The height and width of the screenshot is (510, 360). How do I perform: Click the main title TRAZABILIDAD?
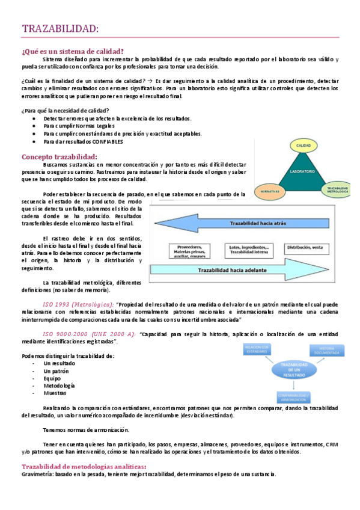point(61,29)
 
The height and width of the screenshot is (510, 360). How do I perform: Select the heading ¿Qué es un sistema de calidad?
point(73,51)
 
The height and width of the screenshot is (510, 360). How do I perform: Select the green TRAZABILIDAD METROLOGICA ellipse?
point(337,190)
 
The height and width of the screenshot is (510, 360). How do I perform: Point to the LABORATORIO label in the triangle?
point(302,172)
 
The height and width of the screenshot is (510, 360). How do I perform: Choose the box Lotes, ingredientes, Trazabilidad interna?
point(248,250)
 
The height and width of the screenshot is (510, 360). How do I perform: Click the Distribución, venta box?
point(304,247)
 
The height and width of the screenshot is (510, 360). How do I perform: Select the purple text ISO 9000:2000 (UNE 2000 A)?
point(90,334)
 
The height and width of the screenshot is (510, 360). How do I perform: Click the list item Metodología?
point(59,386)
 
